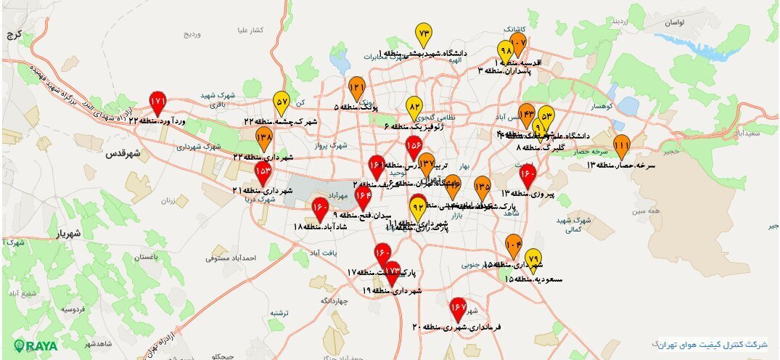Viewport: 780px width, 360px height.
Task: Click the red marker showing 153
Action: pyautogui.click(x=263, y=172)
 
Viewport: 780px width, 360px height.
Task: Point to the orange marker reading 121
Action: pyautogui.click(x=357, y=89)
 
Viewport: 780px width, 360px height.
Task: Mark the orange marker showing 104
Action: pyautogui.click(x=514, y=245)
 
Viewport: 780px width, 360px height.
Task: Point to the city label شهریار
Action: pyautogui.click(x=72, y=234)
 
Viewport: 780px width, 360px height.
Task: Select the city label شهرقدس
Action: pyautogui.click(x=122, y=154)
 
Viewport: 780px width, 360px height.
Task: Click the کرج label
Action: pyautogui.click(x=15, y=34)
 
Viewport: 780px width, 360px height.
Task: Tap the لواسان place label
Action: pyautogui.click(x=672, y=23)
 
